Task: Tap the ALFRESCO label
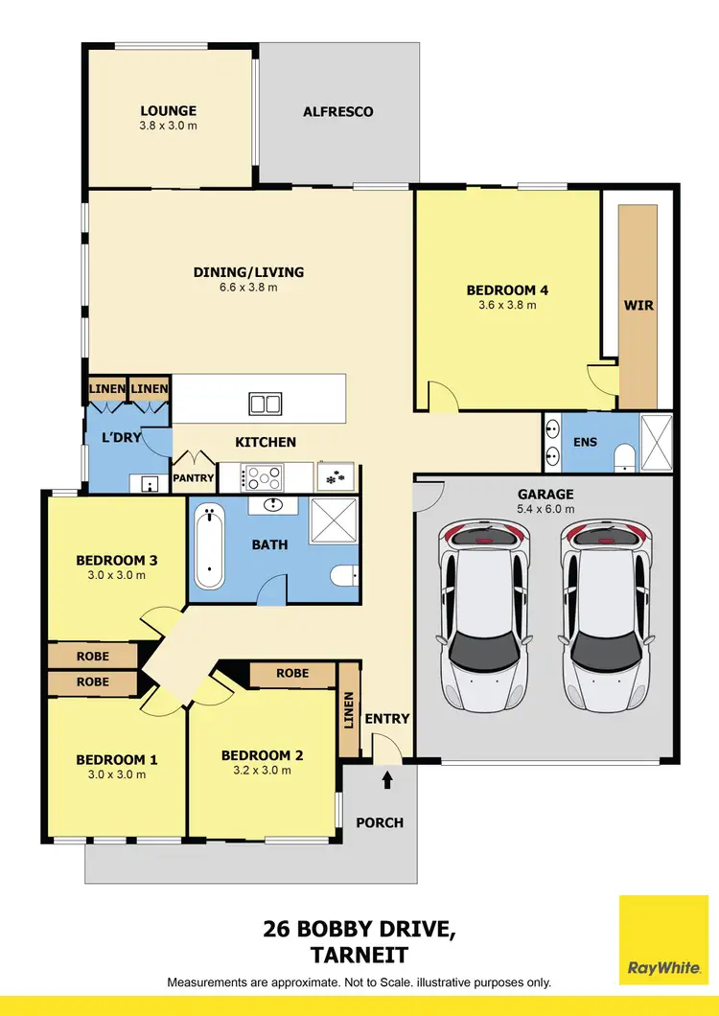(338, 111)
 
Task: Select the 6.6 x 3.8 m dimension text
(248, 287)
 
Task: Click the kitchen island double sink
(265, 404)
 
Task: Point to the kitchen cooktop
(265, 475)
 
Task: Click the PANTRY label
(193, 477)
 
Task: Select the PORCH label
(381, 822)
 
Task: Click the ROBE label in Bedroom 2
(292, 673)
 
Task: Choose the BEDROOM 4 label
(507, 289)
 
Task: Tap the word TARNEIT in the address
(359, 954)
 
